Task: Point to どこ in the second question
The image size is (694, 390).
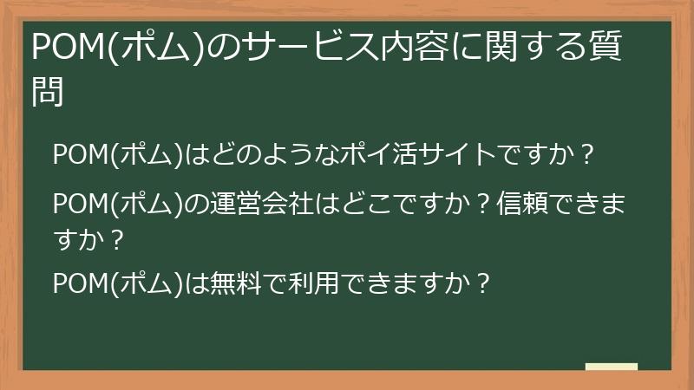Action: pos(363,206)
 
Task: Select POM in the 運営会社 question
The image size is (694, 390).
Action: pos(78,206)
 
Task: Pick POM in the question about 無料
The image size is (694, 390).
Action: pos(78,283)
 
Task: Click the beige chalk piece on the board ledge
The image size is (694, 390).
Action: pos(611,367)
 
